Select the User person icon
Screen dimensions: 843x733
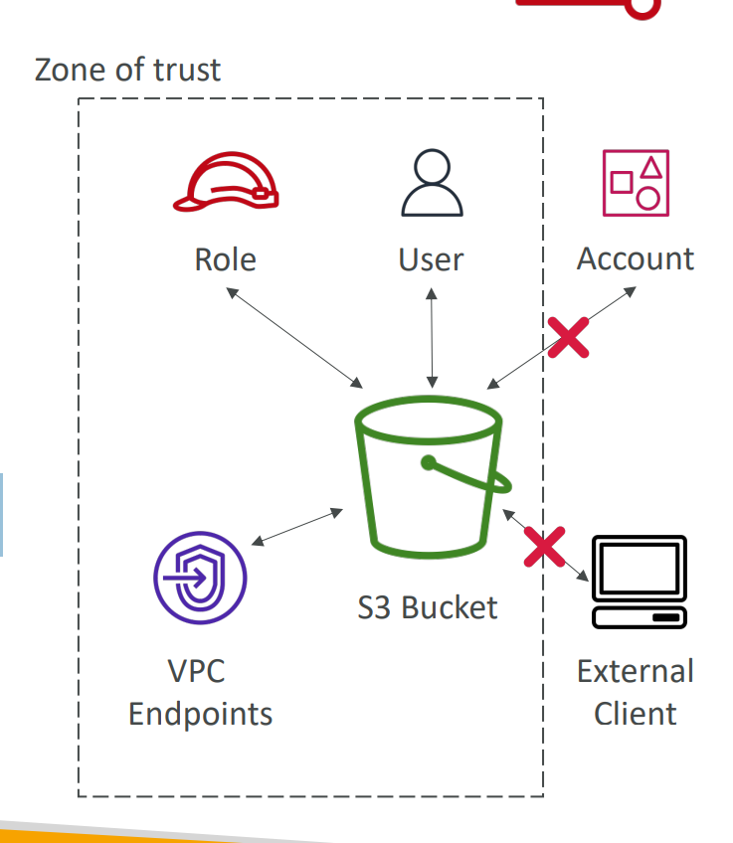pos(432,185)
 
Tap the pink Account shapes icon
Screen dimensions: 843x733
pos(636,184)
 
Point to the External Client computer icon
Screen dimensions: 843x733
pos(639,583)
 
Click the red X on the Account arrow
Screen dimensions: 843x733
pos(568,337)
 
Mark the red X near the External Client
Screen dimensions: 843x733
pos(544,547)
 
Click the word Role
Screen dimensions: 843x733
pos(226,259)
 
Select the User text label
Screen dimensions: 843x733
pos(431,259)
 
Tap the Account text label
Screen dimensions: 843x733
pos(636,258)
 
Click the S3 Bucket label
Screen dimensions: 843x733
pos(428,607)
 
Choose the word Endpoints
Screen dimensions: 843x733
pos(200,714)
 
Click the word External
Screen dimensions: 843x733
pos(636,671)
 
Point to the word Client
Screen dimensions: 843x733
pos(636,714)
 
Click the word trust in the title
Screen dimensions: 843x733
pos(187,70)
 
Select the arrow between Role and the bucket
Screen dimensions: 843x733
pos(294,337)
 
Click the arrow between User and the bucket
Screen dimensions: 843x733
pos(431,338)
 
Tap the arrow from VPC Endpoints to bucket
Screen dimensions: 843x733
pos(297,527)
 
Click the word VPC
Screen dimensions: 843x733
pos(196,671)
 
